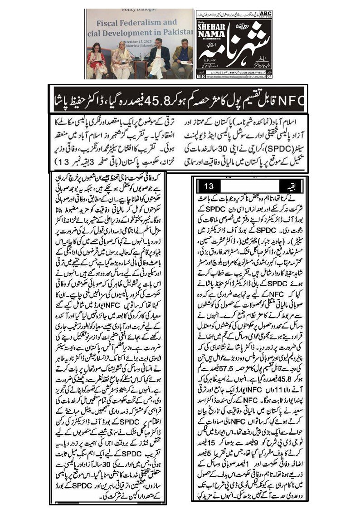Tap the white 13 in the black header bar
[209, 186]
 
